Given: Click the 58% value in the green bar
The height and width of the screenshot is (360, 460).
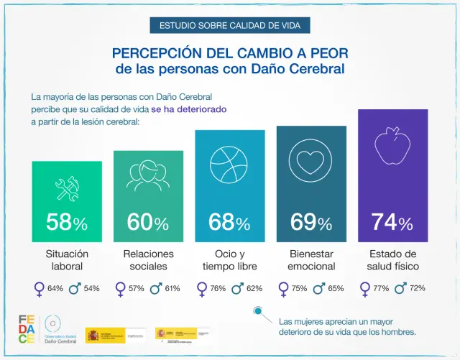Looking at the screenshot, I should click(67, 223).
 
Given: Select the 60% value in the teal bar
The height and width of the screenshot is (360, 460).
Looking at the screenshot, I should click(148, 223).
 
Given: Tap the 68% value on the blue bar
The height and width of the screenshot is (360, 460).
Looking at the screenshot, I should click(229, 223).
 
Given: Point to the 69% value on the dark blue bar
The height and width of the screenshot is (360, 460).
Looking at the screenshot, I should click(311, 223).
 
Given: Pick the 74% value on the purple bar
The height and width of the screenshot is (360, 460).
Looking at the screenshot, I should click(392, 223).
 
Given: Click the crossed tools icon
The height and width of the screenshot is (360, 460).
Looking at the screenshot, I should click(67, 189).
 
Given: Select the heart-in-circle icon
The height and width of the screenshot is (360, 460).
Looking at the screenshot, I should click(311, 162).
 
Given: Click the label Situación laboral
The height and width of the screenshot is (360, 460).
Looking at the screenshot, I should click(67, 260).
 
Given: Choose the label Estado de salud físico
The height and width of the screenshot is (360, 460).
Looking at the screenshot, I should click(392, 260).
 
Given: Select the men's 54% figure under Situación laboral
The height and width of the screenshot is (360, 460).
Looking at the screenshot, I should click(91, 289).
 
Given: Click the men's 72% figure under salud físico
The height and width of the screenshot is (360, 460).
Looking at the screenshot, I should click(417, 288).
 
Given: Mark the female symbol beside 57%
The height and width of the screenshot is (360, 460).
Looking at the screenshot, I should click(120, 289).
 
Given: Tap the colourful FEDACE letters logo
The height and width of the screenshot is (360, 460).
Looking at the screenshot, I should click(27, 329).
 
